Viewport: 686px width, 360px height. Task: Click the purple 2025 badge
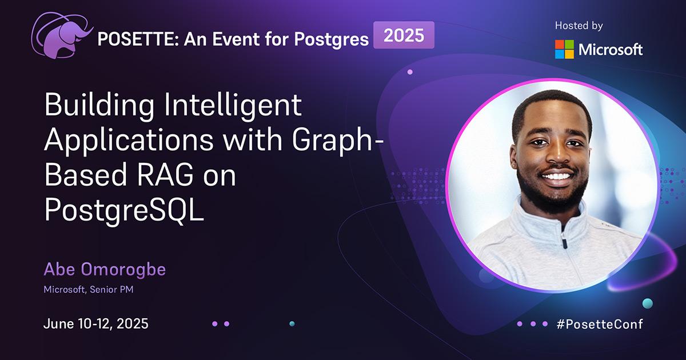point(404,35)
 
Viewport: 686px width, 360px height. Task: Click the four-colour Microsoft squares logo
point(564,49)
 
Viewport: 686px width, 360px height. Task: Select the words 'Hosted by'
point(579,26)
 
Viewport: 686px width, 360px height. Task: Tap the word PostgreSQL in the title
point(124,210)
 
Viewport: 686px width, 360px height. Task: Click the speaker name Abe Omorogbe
point(105,269)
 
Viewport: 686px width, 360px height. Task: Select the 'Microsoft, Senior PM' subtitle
point(89,289)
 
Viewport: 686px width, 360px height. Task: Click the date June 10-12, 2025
point(96,324)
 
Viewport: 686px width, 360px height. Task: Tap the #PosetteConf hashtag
point(600,324)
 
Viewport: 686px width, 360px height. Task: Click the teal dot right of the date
point(292,323)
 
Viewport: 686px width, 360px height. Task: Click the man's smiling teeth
point(557,177)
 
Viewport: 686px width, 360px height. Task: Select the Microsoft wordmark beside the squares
point(611,49)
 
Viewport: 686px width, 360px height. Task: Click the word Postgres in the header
point(332,40)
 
